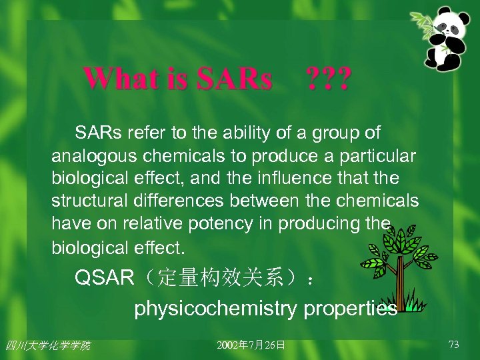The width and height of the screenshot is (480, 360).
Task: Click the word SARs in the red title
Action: (235, 79)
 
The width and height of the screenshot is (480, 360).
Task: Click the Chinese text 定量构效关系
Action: (220, 278)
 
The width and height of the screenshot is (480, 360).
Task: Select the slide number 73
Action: (454, 345)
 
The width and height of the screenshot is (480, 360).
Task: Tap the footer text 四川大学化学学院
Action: (47, 345)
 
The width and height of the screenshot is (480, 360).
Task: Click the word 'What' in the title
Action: (114, 79)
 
